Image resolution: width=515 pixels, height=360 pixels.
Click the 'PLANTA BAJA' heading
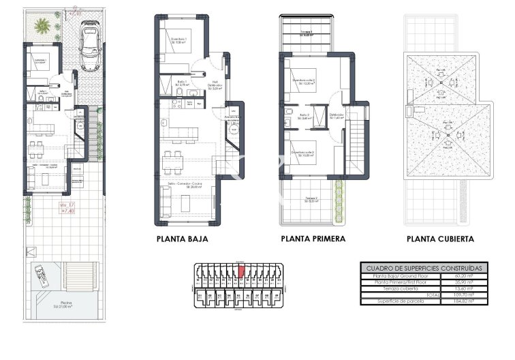(182, 239)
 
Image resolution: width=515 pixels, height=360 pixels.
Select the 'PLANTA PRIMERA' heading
(313, 239)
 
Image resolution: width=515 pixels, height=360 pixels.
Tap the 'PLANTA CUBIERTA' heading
(440, 239)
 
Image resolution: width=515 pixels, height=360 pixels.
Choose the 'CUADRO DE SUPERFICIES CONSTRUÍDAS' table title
(423, 268)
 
